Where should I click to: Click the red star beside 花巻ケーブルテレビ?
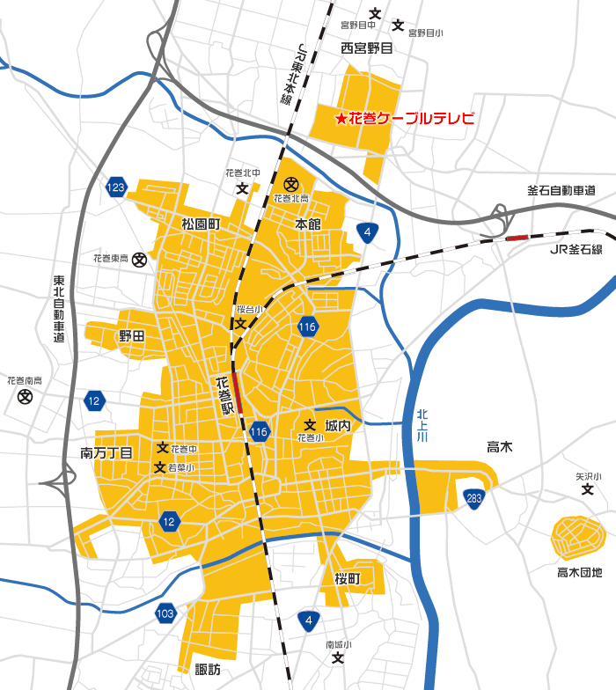[340, 118]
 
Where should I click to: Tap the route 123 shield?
[116, 187]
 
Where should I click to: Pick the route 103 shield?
[165, 613]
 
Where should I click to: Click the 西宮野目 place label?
[367, 48]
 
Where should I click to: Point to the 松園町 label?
[201, 224]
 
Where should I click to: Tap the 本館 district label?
[308, 224]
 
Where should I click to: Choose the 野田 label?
[131, 336]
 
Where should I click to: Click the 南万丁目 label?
[106, 453]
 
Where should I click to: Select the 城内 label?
[338, 425]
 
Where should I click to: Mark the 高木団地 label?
[580, 573]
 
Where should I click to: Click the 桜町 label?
[348, 578]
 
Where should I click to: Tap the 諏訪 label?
[208, 670]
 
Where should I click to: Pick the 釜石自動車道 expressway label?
[561, 190]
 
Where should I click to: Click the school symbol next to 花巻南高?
[24, 398]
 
